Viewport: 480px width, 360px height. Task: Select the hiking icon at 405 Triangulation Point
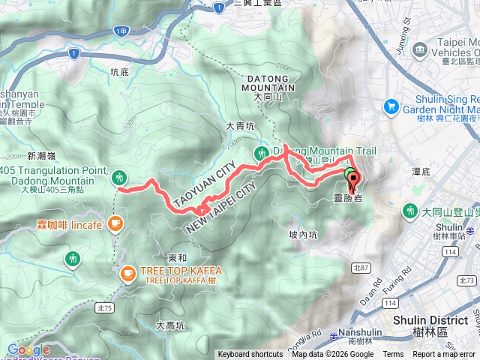pyautogui.click(x=120, y=178)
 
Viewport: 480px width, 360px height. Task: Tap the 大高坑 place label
pyautogui.click(x=169, y=325)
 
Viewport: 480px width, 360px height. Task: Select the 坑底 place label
pyautogui.click(x=119, y=73)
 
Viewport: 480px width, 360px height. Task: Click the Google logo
pyautogui.click(x=28, y=349)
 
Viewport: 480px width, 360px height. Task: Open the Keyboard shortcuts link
pyautogui.click(x=250, y=355)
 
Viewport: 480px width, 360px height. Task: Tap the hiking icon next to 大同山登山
pyautogui.click(x=410, y=211)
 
